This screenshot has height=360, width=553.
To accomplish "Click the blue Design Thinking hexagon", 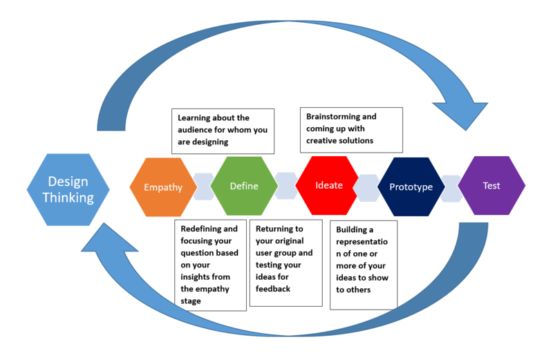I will pyautogui.click(x=68, y=189).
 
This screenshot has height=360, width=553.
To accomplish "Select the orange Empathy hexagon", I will pyautogui.click(x=163, y=187).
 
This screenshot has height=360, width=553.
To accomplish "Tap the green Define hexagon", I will pyautogui.click(x=243, y=186).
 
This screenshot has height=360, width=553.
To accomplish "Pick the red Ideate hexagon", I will pyautogui.click(x=328, y=186).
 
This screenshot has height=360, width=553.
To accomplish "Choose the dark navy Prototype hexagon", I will pyautogui.click(x=411, y=187).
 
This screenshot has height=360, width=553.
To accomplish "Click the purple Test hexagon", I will pyautogui.click(x=491, y=186).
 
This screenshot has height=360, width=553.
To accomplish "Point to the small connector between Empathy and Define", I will pyautogui.click(x=203, y=187).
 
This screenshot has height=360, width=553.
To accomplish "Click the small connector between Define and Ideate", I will pyautogui.click(x=285, y=186).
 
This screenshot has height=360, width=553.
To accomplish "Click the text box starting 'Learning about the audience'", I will pyautogui.click(x=223, y=130).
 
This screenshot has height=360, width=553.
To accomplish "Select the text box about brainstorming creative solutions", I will pyautogui.click(x=351, y=129).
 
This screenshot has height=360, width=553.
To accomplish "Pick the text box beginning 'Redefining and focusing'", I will pyautogui.click(x=210, y=265).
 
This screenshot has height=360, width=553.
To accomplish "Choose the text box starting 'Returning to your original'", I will pyautogui.click(x=286, y=263).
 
